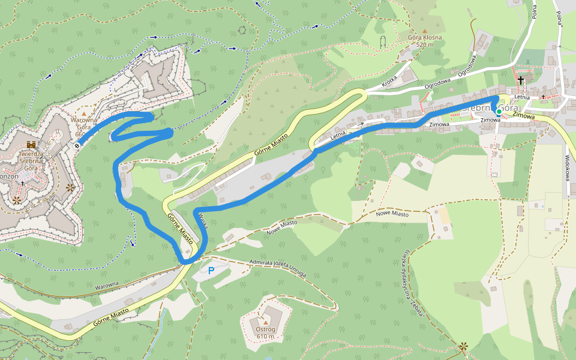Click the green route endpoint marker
click(x=499, y=111)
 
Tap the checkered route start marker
click(x=77, y=144)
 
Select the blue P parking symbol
click(x=211, y=271)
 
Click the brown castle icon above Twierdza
click(x=31, y=145)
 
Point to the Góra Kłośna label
click(x=425, y=38)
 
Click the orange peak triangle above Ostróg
click(x=265, y=322)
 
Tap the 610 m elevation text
click(x=265, y=336)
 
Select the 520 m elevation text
click(x=425, y=45)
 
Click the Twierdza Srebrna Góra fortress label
click(x=31, y=161)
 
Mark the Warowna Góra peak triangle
click(x=84, y=113)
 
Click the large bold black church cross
click(x=521, y=80)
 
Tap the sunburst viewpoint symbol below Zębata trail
click(x=463, y=346)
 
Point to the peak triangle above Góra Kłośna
click(x=425, y=31)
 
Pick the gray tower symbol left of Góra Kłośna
click(x=382, y=43)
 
